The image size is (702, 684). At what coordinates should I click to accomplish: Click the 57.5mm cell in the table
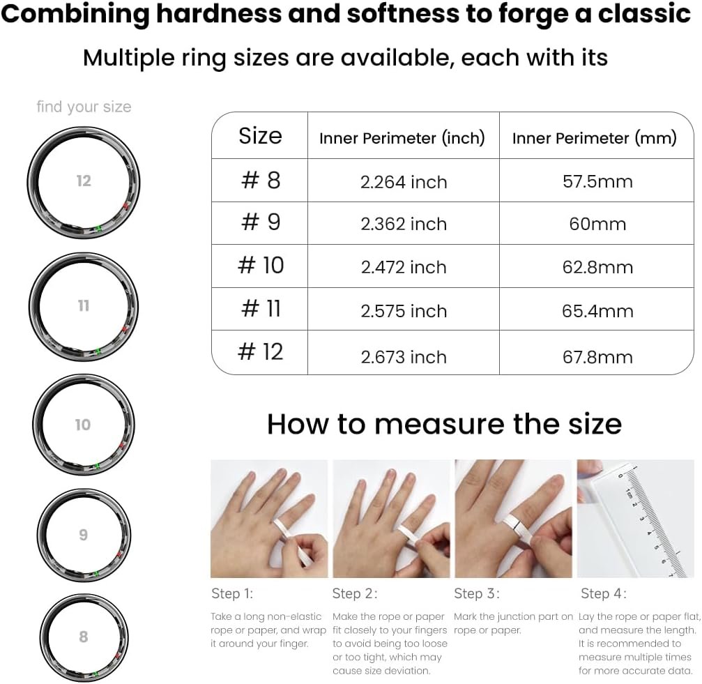(597, 181)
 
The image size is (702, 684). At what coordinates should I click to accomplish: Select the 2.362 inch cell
(404, 224)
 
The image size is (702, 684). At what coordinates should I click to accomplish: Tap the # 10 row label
(261, 265)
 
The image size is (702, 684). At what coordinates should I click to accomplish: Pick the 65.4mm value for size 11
(597, 311)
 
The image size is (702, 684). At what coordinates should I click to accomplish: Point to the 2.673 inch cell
(404, 357)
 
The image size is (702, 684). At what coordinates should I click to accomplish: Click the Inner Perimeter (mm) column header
(595, 138)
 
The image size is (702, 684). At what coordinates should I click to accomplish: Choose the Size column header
(260, 136)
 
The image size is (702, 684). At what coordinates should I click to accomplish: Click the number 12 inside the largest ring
(84, 181)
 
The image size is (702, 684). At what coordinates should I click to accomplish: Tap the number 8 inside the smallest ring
(83, 637)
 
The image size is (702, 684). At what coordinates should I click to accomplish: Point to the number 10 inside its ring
(83, 425)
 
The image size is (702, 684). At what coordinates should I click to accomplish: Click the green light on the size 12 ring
(98, 228)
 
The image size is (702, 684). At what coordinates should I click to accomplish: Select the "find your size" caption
(84, 107)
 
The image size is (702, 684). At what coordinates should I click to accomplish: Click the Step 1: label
(232, 593)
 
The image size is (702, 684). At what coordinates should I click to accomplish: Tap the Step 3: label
(477, 593)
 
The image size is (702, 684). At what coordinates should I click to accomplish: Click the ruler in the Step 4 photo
(645, 519)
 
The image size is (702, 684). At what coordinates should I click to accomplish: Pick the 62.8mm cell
(597, 267)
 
